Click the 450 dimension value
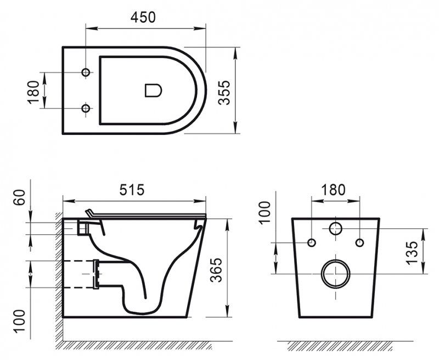click(144, 17)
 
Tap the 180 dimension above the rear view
click(334, 190)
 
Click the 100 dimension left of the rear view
click(265, 213)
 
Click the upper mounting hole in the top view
click(86, 73)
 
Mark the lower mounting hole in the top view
click(86, 109)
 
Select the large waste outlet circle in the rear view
click(335, 273)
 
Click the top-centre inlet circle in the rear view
click(335, 228)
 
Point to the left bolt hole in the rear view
click(312, 243)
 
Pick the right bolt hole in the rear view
click(359, 243)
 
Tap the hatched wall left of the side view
click(58, 274)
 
